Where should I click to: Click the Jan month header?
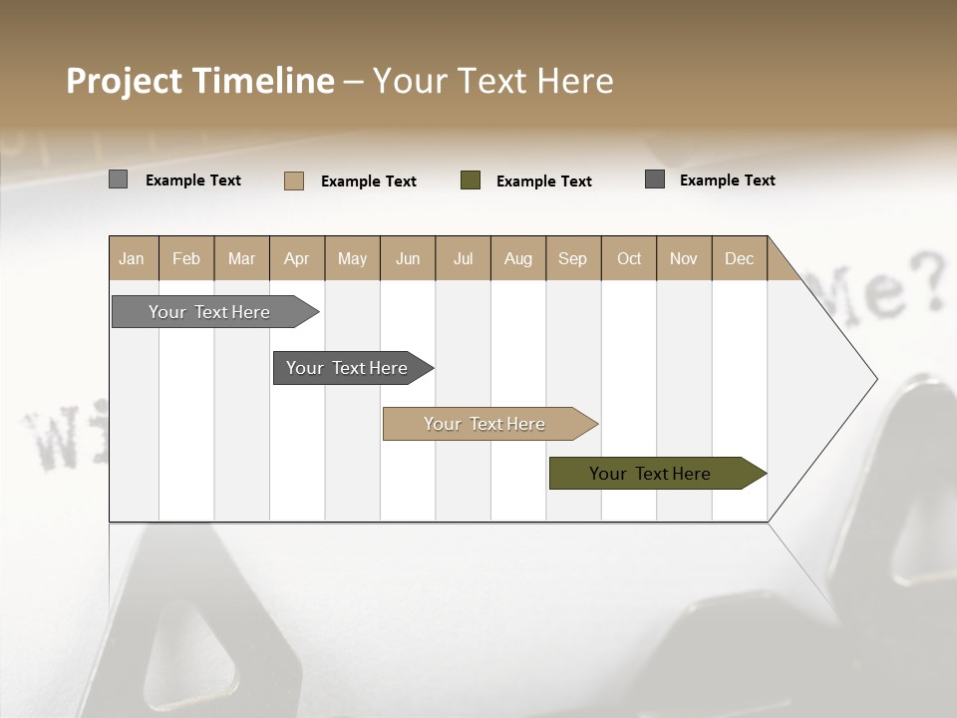tap(132, 258)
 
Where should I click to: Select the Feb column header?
tap(186, 258)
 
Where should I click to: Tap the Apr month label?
tap(297, 258)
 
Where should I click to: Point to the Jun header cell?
tap(408, 258)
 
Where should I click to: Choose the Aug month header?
tap(518, 258)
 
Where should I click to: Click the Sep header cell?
tap(573, 258)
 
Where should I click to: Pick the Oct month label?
tap(629, 258)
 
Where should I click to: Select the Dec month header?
tap(740, 258)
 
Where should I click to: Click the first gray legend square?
tap(118, 179)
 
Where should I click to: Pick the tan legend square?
tap(294, 180)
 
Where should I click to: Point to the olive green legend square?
tap(471, 180)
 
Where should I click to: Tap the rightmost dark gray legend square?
tap(655, 179)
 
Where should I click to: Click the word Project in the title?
tap(125, 81)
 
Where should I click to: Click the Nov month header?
tap(684, 258)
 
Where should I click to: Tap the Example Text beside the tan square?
tap(369, 181)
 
